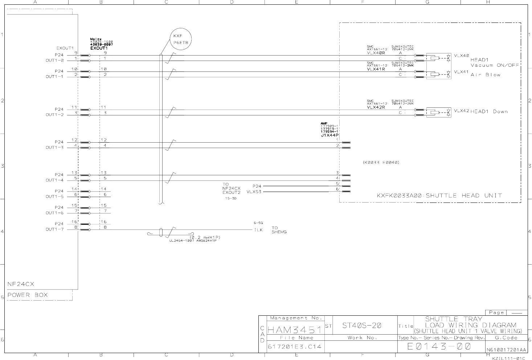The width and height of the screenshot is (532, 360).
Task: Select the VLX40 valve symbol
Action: pos(439,58)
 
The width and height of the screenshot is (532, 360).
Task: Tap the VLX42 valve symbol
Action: pos(439,112)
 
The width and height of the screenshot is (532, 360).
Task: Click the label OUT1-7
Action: pos(54,229)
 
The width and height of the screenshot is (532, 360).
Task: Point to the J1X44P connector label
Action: pos(330,135)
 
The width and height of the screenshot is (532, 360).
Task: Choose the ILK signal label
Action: pos(258,230)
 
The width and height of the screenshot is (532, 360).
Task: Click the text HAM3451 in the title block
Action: pos(295,330)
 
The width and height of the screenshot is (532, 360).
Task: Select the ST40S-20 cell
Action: pos(362,326)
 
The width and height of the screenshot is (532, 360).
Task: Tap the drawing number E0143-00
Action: pos(439,347)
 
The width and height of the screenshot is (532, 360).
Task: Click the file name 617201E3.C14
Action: pos(295,347)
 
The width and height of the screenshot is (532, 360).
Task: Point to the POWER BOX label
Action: pos(28,295)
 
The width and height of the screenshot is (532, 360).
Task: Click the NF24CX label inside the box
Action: pos(21,284)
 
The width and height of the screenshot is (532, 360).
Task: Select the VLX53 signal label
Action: pos(254,192)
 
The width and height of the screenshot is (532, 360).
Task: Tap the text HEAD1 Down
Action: pos(489,111)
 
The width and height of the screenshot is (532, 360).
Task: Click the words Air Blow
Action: pos(486,75)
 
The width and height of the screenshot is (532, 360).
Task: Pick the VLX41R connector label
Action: pos(376,69)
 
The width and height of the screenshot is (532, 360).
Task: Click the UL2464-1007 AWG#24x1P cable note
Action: pos(192,240)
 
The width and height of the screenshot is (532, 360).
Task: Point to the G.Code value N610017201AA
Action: pos(506,350)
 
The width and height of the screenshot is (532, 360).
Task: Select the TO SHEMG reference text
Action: pos(279,230)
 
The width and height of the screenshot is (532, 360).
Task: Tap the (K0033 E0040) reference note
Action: pos(381,163)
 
